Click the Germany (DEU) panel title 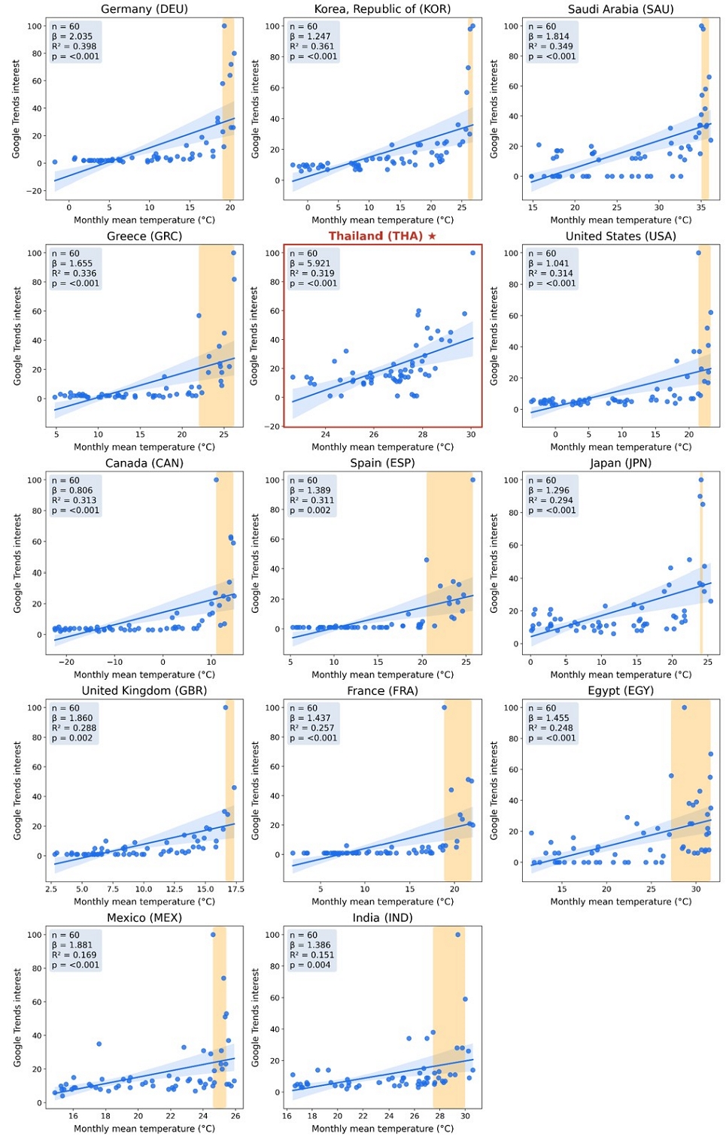tap(144, 9)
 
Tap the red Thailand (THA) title tap(375, 235)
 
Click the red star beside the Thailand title tap(432, 235)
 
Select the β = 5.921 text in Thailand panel tap(310, 263)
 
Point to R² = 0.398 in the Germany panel tap(74, 47)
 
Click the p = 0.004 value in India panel tap(310, 965)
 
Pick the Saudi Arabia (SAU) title tap(621, 9)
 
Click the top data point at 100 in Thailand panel tap(473, 253)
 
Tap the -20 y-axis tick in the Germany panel tap(35, 191)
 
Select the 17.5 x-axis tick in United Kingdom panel tap(235, 889)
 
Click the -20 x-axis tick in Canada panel tap(66, 662)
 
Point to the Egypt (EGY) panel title tap(621, 690)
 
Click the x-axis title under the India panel tap(382, 1128)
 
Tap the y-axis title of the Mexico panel tap(17, 1017)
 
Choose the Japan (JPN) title tap(621, 462)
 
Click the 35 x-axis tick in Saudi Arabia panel tap(701, 207)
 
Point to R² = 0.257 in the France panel tap(312, 728)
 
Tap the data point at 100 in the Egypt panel tap(685, 708)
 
